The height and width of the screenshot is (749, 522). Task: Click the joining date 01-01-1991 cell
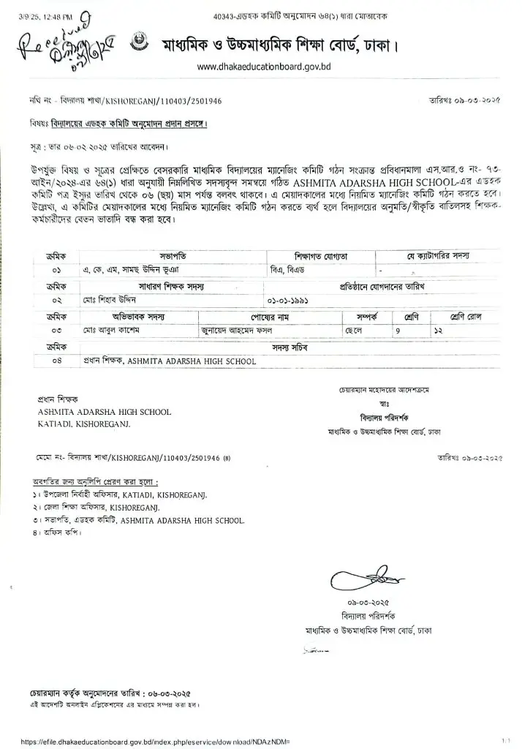pyautogui.click(x=287, y=300)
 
